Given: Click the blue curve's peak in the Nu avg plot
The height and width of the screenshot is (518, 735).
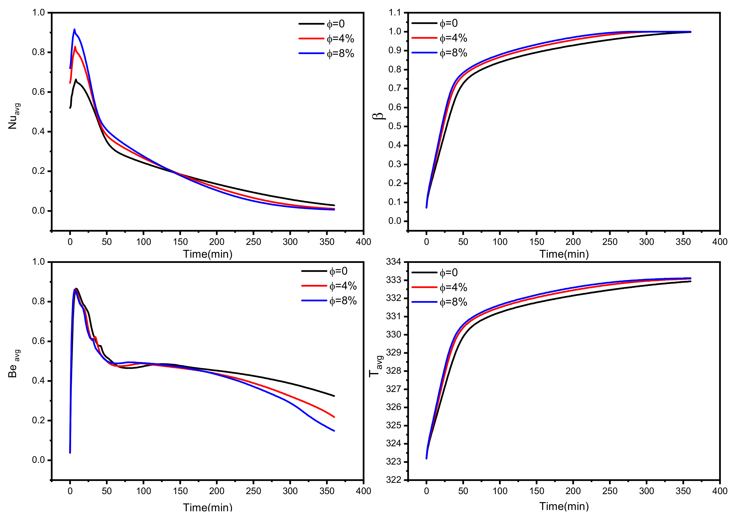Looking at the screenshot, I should tap(74, 29).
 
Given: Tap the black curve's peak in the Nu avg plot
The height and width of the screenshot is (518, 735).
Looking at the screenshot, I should tap(76, 80).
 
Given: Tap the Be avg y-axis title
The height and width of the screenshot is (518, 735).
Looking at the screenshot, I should tap(13, 364).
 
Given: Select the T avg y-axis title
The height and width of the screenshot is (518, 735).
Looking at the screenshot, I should tap(376, 366).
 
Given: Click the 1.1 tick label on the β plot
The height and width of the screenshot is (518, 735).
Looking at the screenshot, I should tap(394, 13).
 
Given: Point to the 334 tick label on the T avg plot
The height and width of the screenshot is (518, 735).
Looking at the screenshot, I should tap(393, 262).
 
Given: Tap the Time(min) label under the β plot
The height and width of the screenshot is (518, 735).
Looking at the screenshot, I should tap(564, 254).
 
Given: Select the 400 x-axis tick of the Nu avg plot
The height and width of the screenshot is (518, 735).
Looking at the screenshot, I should tap(363, 242).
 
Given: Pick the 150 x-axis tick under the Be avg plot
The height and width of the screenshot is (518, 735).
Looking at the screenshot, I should tap(180, 491).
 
